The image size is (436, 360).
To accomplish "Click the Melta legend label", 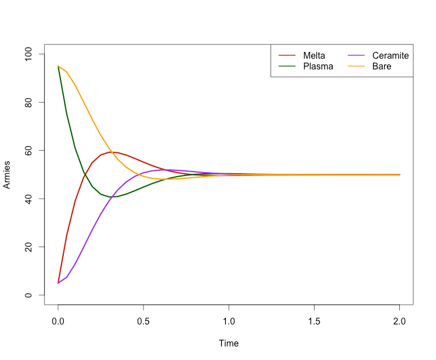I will point(314,55).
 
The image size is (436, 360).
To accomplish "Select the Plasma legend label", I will point(318,66).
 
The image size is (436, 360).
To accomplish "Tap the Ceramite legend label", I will point(390,55).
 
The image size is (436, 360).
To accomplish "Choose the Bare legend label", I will point(382,66).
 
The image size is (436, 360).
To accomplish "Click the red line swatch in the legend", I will point(287,55).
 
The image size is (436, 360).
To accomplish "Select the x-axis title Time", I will point(229,343).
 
